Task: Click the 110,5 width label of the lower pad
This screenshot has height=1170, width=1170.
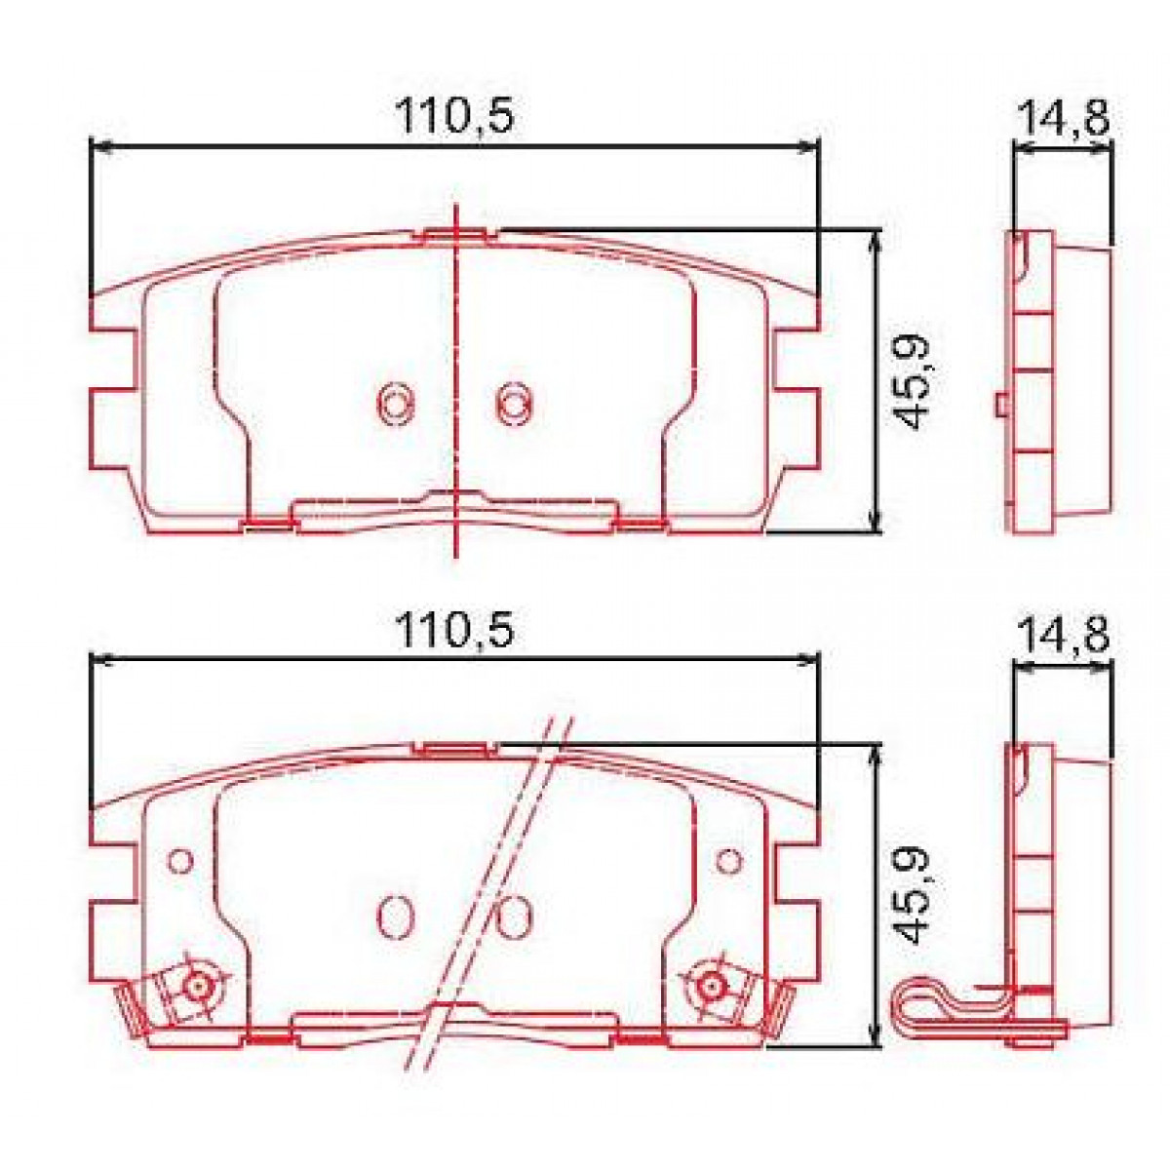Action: [452, 634]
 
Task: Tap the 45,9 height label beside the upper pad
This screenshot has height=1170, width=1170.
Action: [912, 381]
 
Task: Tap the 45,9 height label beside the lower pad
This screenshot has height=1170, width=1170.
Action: [912, 896]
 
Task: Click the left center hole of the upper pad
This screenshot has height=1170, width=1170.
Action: [395, 401]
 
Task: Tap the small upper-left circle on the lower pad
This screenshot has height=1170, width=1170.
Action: [178, 860]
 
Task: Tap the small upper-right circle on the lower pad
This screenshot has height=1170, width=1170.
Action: [728, 860]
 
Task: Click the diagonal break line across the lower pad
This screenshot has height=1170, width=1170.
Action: [497, 877]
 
